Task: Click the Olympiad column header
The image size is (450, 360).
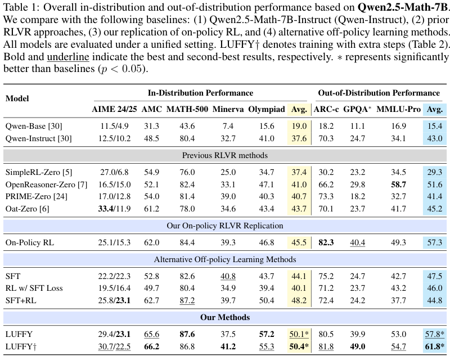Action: [x=266, y=109]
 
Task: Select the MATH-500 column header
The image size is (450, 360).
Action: [x=187, y=109]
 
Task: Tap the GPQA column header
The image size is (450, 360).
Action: [x=357, y=109]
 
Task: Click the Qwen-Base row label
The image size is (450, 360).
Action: [x=34, y=126]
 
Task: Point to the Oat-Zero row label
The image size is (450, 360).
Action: [x=27, y=209]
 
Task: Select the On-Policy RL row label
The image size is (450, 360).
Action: [x=30, y=242]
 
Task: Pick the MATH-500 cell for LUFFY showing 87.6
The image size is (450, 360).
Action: [x=187, y=334]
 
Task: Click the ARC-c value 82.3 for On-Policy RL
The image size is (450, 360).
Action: [x=326, y=242]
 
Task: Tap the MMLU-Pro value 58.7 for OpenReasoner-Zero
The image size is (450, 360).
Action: [x=398, y=184]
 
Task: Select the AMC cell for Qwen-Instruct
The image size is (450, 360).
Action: [x=151, y=138]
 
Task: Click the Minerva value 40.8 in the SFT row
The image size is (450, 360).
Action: [x=228, y=276]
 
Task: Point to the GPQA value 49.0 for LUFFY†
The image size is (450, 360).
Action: [x=358, y=346]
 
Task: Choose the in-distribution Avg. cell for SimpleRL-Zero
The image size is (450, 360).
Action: [x=299, y=172]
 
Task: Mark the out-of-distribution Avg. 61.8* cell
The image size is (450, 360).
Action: [x=434, y=346]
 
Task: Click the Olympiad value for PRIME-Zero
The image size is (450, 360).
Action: [x=266, y=196]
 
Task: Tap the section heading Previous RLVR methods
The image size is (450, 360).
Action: [x=225, y=155]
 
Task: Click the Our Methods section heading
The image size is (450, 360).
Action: [x=225, y=317]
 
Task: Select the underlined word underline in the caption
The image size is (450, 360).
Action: [x=68, y=57]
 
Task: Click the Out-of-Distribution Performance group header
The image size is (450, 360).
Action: [x=379, y=93]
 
